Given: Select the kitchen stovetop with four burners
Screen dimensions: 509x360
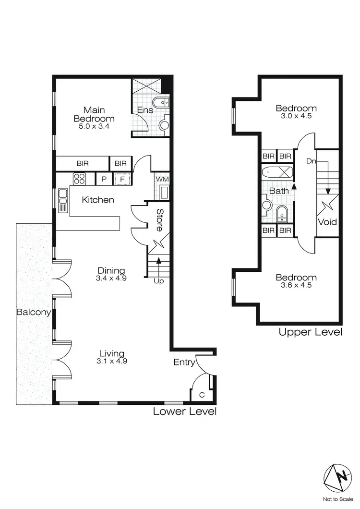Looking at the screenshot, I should point(79,179).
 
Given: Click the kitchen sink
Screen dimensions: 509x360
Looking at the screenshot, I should point(62,200).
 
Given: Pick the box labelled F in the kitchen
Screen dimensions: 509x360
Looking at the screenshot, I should point(122,180).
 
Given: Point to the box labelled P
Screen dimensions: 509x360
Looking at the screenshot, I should point(103,180).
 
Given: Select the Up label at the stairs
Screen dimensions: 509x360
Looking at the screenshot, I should point(158,281).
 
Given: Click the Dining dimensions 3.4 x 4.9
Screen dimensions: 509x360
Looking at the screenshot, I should point(111,278).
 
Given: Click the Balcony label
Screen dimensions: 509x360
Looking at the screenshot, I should point(34,312).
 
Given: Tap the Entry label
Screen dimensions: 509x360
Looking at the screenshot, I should point(184,363).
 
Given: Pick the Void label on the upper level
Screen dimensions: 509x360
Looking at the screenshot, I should point(327,222).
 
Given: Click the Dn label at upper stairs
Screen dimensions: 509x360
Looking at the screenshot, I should point(312,161).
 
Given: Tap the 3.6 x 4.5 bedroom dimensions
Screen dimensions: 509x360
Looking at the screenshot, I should point(296,285).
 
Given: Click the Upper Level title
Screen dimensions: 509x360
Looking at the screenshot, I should point(310,332).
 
